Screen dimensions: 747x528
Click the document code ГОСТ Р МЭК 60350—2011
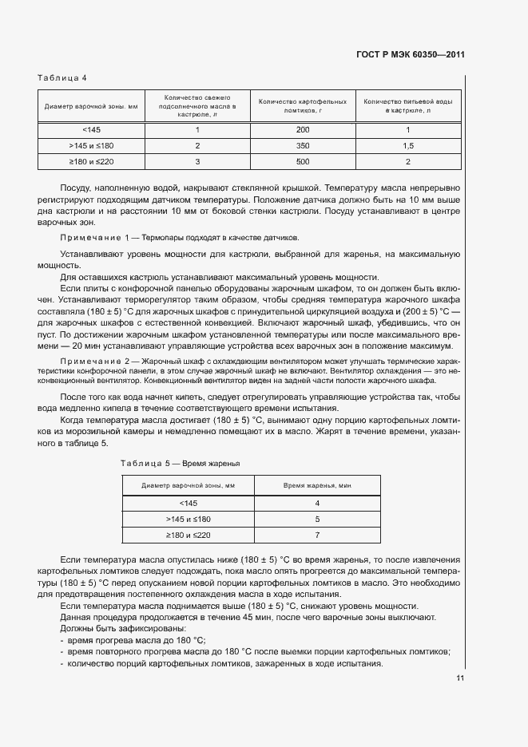(x=410, y=55)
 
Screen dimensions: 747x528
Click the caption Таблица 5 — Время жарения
(x=180, y=464)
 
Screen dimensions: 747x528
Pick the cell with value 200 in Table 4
(x=302, y=130)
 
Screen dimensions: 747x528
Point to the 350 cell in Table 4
(x=302, y=146)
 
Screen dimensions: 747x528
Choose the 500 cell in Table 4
(x=302, y=162)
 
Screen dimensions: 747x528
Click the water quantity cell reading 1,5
(x=407, y=146)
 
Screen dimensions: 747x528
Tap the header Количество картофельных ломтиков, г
(x=302, y=106)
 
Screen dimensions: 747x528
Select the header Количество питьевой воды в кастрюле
(x=407, y=106)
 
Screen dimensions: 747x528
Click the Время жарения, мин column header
(x=317, y=485)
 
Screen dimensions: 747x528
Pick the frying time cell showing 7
(x=317, y=535)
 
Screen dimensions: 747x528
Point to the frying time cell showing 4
(x=317, y=503)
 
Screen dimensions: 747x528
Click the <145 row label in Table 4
(x=92, y=130)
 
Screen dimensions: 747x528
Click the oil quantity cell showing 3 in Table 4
(x=197, y=162)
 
